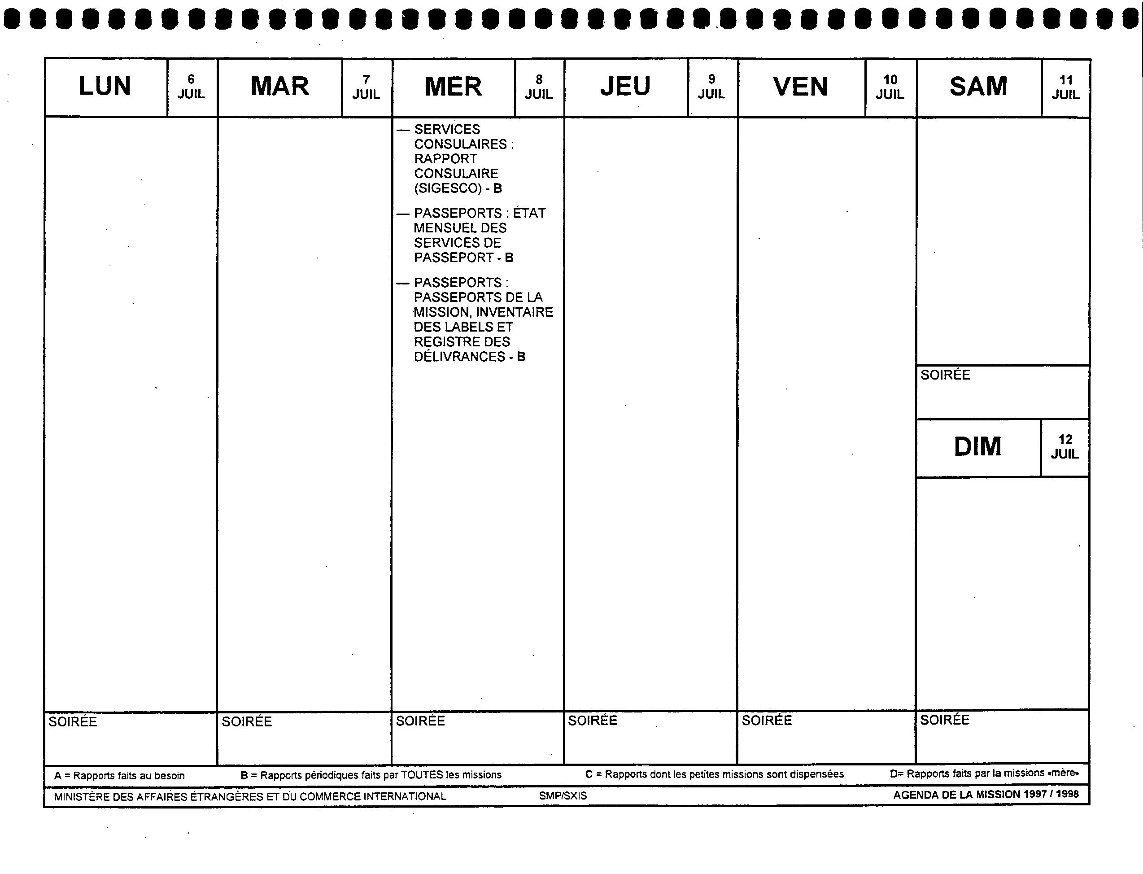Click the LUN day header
click(105, 86)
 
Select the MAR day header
click(280, 86)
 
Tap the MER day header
click(453, 86)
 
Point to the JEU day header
click(625, 86)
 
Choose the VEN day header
click(801, 86)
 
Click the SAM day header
click(978, 86)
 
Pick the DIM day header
click(977, 447)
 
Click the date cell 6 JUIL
click(191, 87)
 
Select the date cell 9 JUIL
click(711, 87)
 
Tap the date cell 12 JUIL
click(1065, 447)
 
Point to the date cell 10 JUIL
click(890, 87)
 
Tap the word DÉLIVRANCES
click(459, 357)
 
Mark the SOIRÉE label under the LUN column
click(73, 721)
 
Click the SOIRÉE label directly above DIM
click(945, 375)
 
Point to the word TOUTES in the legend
click(422, 775)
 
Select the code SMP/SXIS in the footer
click(563, 796)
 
